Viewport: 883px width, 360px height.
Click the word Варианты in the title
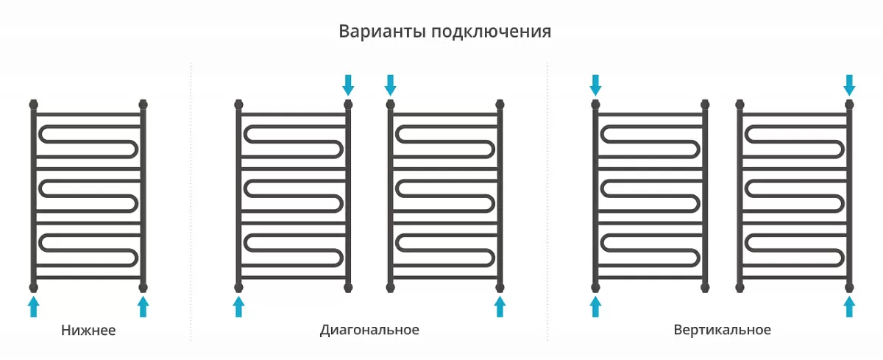coord(383,31)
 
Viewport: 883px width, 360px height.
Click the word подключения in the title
coord(492,32)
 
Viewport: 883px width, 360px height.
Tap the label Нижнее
coord(88,330)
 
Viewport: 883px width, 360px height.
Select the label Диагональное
coord(369,330)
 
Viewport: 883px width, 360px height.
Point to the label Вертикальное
coord(722,330)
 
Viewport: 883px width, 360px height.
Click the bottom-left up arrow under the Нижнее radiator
coord(34,306)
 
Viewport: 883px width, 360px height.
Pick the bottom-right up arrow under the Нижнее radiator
coord(143,306)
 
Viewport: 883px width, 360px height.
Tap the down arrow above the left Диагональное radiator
coord(348,85)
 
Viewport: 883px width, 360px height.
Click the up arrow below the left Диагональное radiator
coord(238,306)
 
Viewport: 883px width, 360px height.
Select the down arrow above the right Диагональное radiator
coord(390,85)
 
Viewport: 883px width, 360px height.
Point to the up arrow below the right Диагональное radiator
coord(500,306)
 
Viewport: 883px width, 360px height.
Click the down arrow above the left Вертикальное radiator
coord(595,85)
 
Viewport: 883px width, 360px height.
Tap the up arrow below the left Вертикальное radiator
coord(595,306)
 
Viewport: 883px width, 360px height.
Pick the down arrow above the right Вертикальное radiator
coord(849,85)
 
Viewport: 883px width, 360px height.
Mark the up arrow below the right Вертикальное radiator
coord(849,306)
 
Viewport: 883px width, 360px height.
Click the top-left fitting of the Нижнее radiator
coord(34,105)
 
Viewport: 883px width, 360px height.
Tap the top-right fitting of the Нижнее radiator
coord(143,105)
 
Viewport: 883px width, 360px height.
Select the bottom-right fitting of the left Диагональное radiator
coord(348,287)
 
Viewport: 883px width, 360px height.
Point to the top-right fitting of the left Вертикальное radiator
coord(705,105)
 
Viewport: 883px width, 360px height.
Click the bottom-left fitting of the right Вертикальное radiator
coord(740,287)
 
